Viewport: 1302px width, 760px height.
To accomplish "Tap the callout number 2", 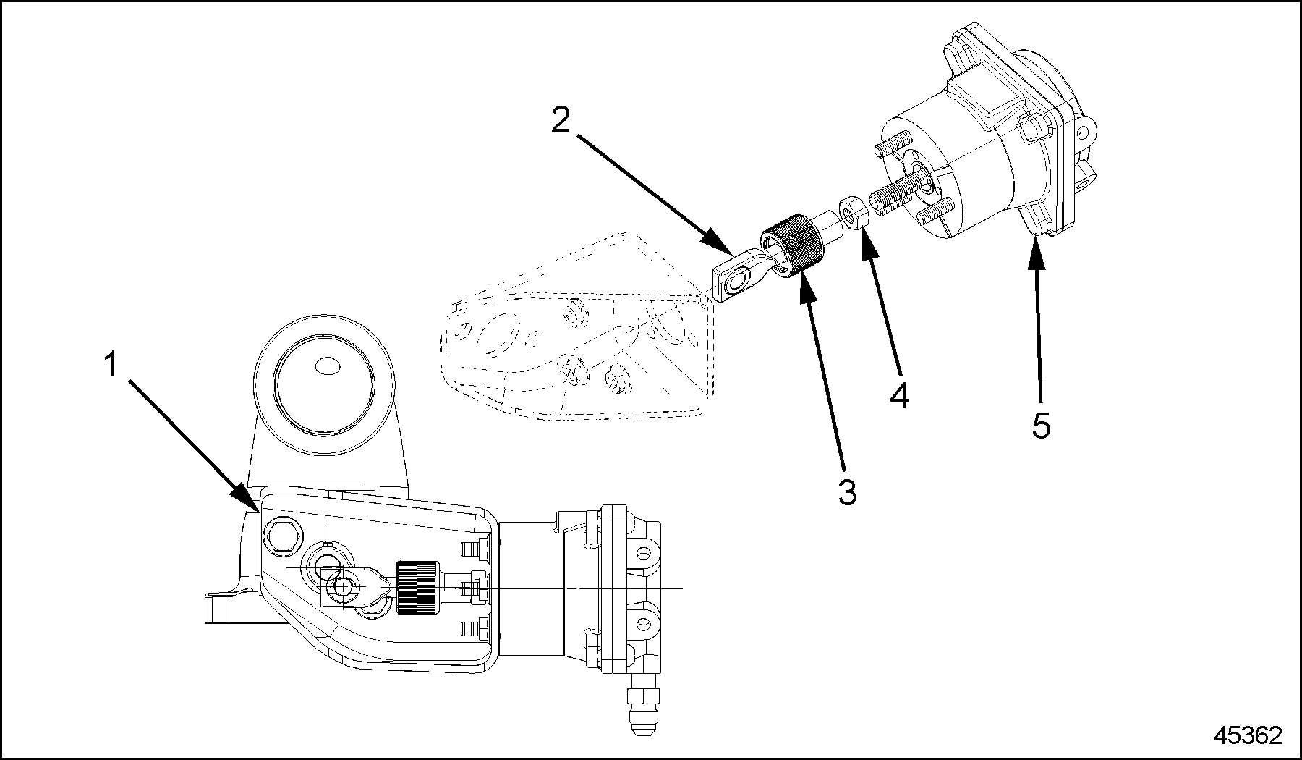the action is pyautogui.click(x=561, y=120).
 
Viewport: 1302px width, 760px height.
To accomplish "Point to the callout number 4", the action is pyautogui.click(x=898, y=396).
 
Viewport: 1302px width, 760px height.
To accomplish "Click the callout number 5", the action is pyautogui.click(x=1041, y=426).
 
